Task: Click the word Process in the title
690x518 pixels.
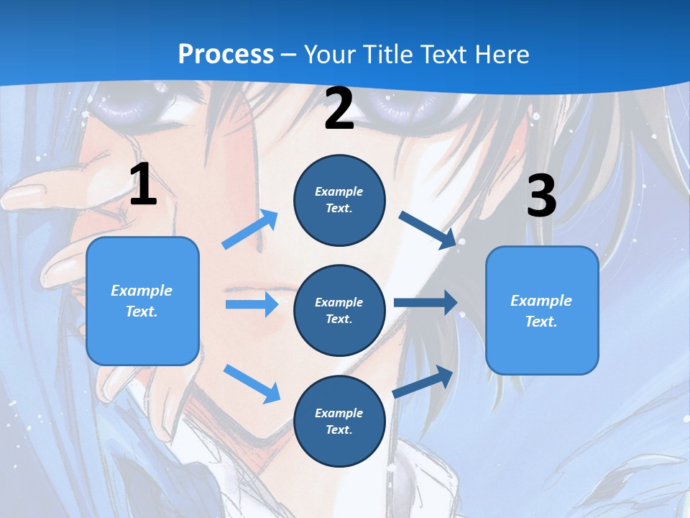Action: tap(226, 55)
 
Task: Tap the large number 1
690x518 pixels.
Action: tap(143, 185)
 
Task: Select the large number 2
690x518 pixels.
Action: tap(339, 109)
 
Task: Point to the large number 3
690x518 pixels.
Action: tap(541, 196)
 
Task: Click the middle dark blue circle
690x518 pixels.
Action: tap(339, 310)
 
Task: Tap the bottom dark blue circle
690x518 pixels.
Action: tap(339, 421)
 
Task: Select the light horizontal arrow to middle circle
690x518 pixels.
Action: tap(252, 304)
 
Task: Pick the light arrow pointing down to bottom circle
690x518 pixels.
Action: tap(252, 383)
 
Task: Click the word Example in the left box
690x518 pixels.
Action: tap(142, 291)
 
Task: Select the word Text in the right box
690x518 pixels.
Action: tap(541, 322)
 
